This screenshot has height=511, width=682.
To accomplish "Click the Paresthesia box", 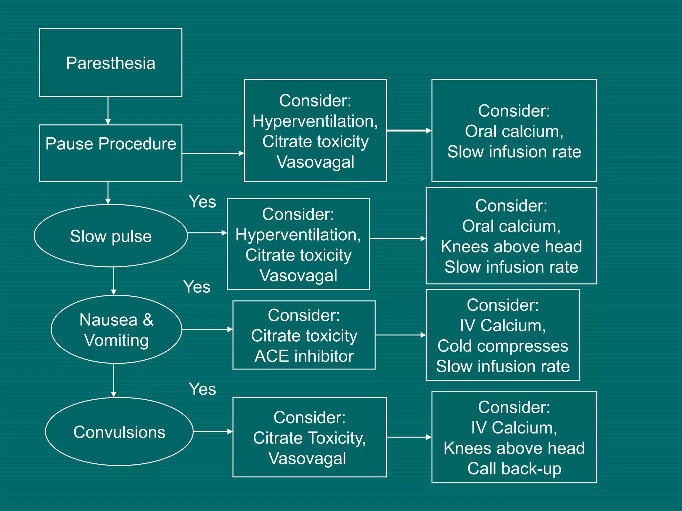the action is [111, 63].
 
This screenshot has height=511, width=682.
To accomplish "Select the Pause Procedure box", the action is [111, 153].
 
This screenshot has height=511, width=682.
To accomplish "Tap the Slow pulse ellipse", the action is [111, 236].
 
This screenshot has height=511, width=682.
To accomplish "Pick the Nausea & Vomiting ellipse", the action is [116, 329].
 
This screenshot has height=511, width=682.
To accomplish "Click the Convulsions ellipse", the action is [119, 432].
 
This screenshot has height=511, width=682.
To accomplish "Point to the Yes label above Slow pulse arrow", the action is [202, 202].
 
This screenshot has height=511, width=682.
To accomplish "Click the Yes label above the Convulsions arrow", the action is [202, 389].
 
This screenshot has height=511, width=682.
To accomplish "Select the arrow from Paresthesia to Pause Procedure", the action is [108, 111].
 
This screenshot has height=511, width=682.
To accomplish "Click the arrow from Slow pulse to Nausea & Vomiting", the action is [114, 281].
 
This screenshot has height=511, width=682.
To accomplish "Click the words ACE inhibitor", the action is [304, 356].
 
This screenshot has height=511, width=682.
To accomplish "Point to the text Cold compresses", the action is [503, 346].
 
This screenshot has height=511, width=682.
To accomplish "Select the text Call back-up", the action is [514, 469].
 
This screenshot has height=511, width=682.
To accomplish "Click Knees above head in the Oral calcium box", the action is [511, 247].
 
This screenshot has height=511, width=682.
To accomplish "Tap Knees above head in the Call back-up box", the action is [514, 448].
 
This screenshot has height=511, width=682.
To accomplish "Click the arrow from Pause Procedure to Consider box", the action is [213, 153].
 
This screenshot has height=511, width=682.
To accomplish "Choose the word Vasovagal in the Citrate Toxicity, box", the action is [307, 458].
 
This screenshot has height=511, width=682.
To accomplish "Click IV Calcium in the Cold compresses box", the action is [503, 325].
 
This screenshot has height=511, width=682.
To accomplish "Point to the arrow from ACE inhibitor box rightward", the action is [400, 335].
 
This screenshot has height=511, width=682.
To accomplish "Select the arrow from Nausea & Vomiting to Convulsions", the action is [114, 380].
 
